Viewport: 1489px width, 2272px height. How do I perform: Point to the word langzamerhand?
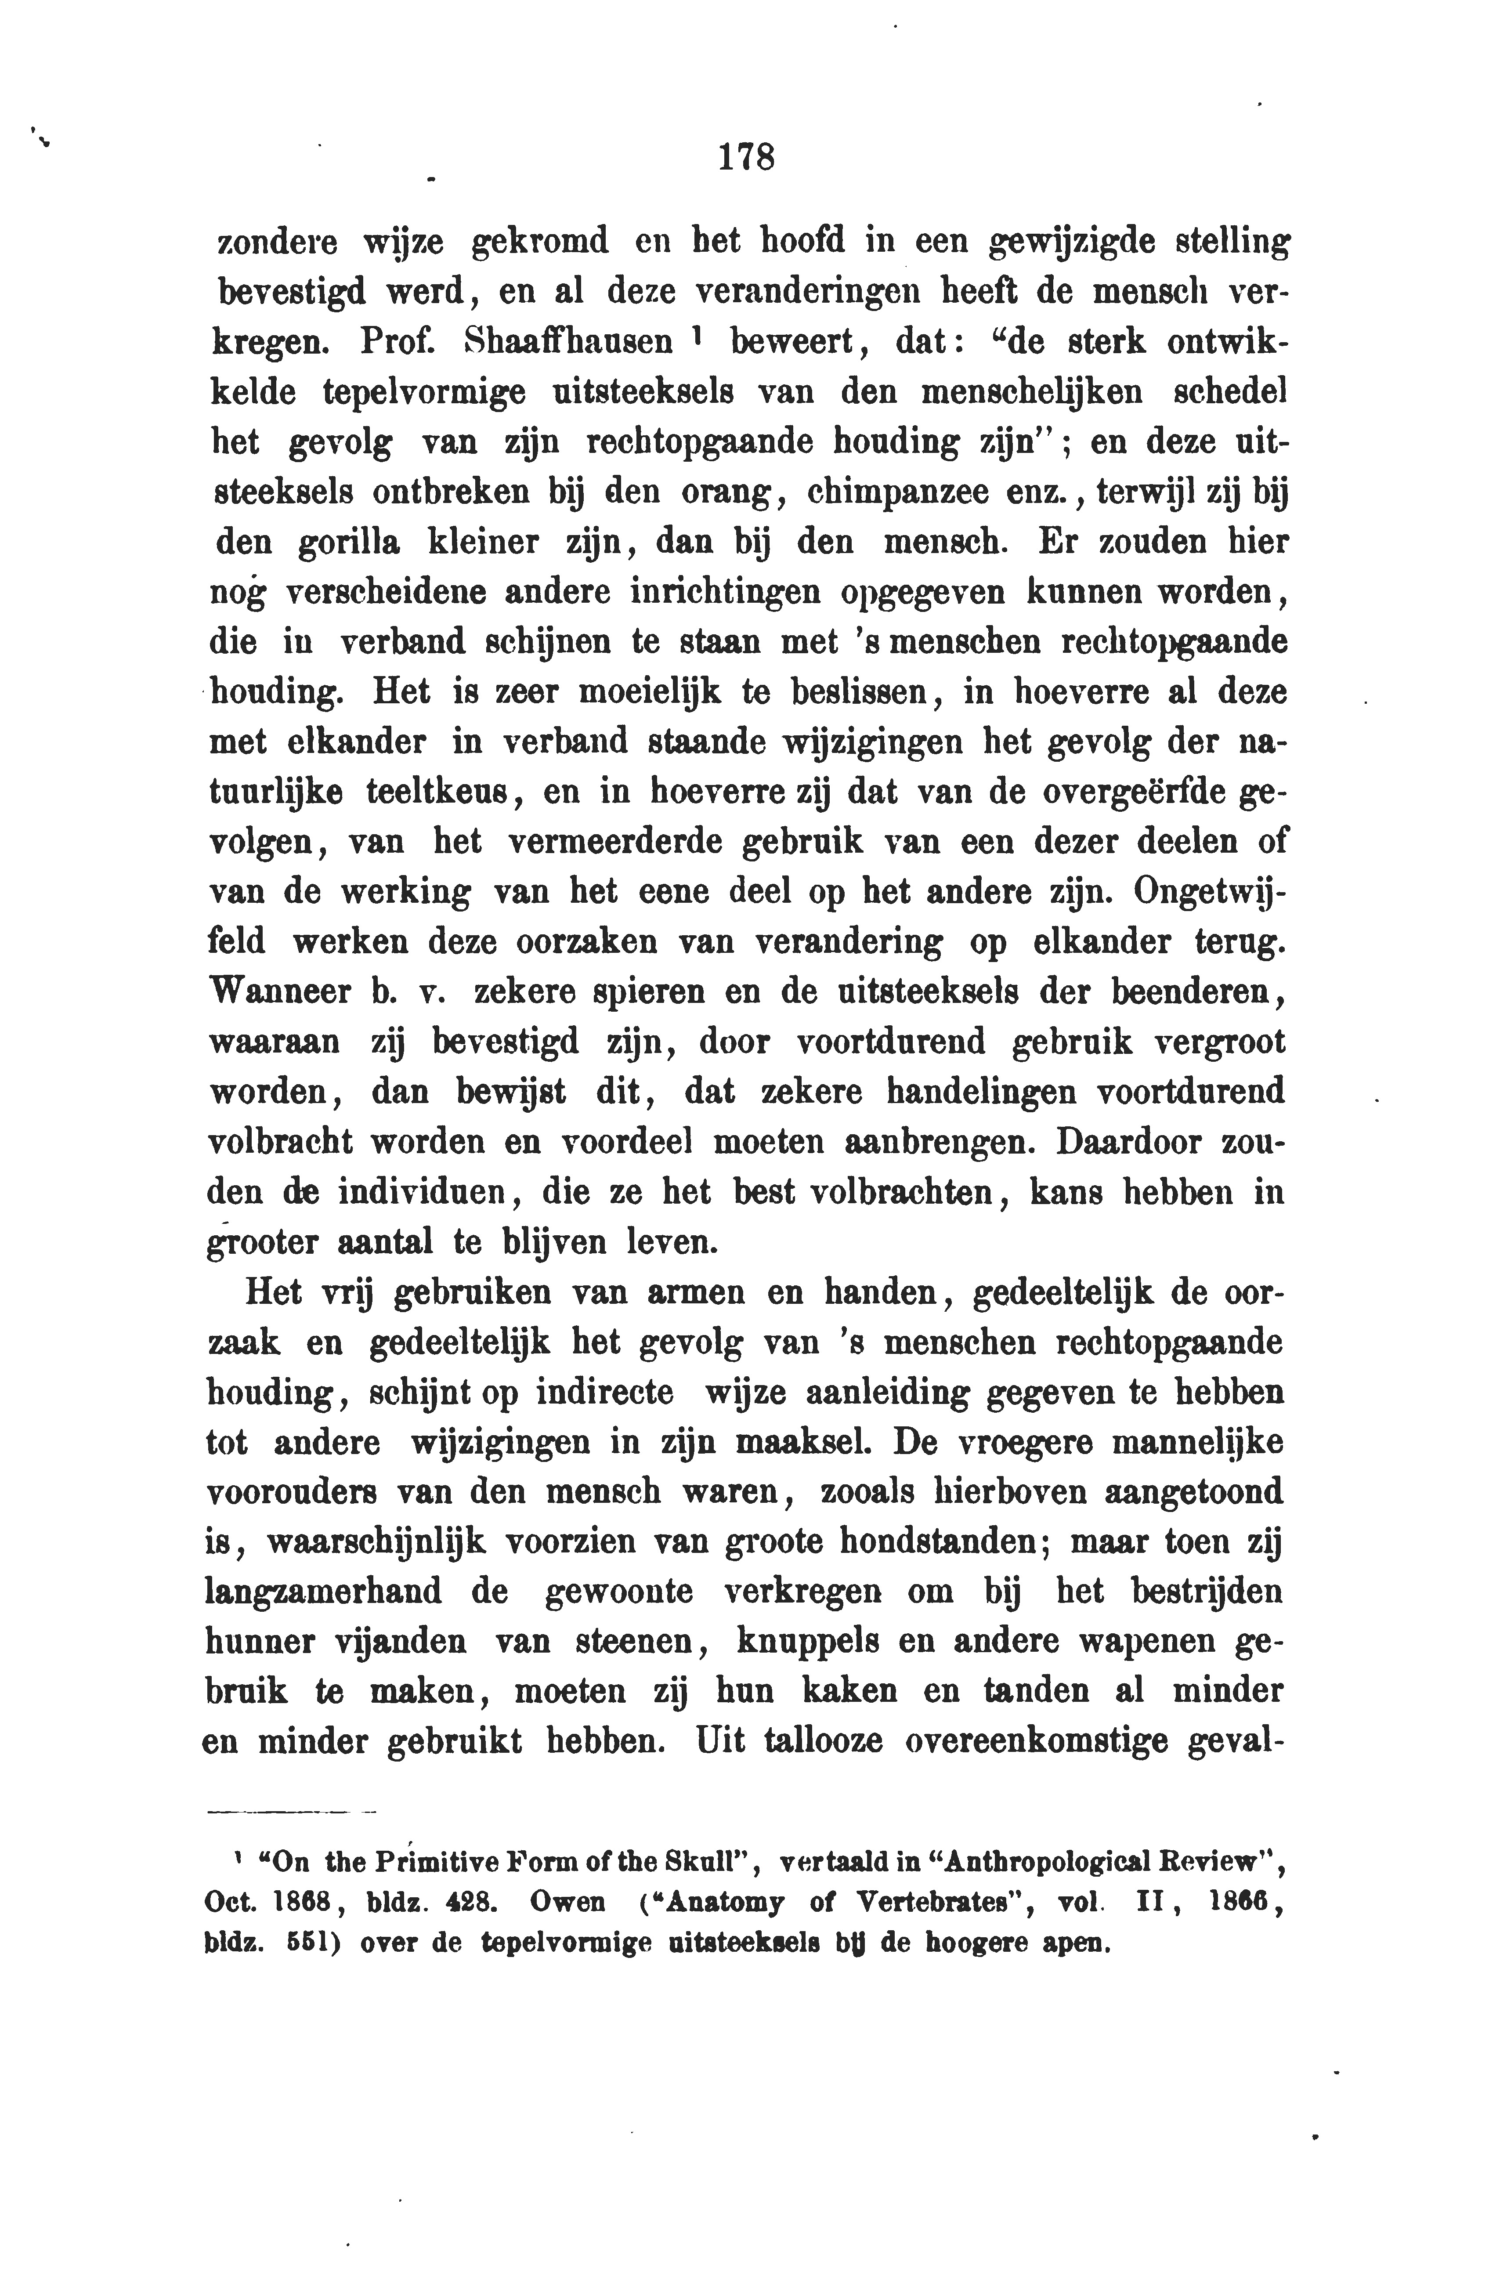click(324, 1592)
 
